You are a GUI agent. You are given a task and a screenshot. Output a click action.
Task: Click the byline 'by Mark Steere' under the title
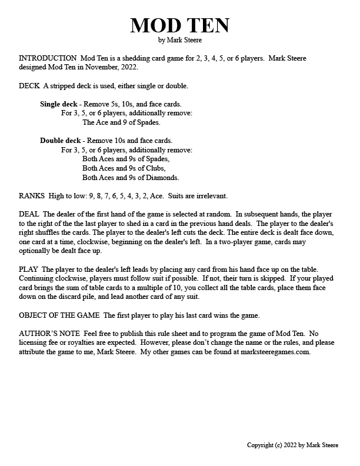tap(179, 40)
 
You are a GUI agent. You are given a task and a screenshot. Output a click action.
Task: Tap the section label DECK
tap(29, 86)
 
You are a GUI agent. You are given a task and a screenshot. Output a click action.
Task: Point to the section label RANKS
tap(32, 195)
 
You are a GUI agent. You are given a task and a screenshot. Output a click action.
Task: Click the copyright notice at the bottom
tap(292, 445)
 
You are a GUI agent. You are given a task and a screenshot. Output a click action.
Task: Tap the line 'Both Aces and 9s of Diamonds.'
tap(131, 177)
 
